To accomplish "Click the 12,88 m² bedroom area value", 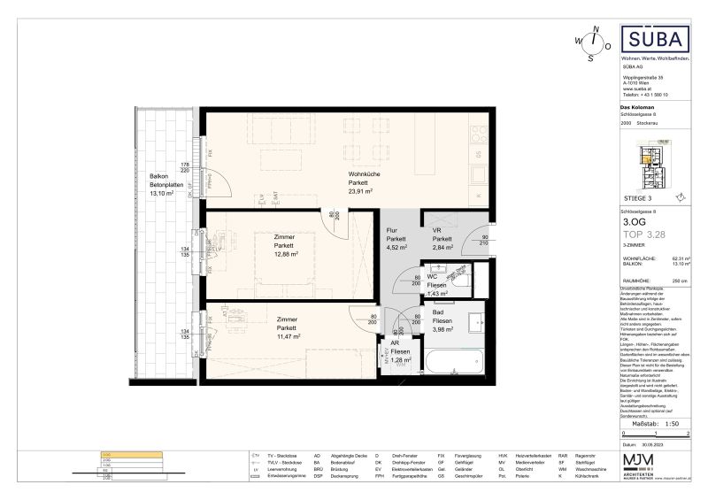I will (284, 254).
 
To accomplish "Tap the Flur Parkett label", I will (396, 239).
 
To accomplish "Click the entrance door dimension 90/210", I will (485, 241).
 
